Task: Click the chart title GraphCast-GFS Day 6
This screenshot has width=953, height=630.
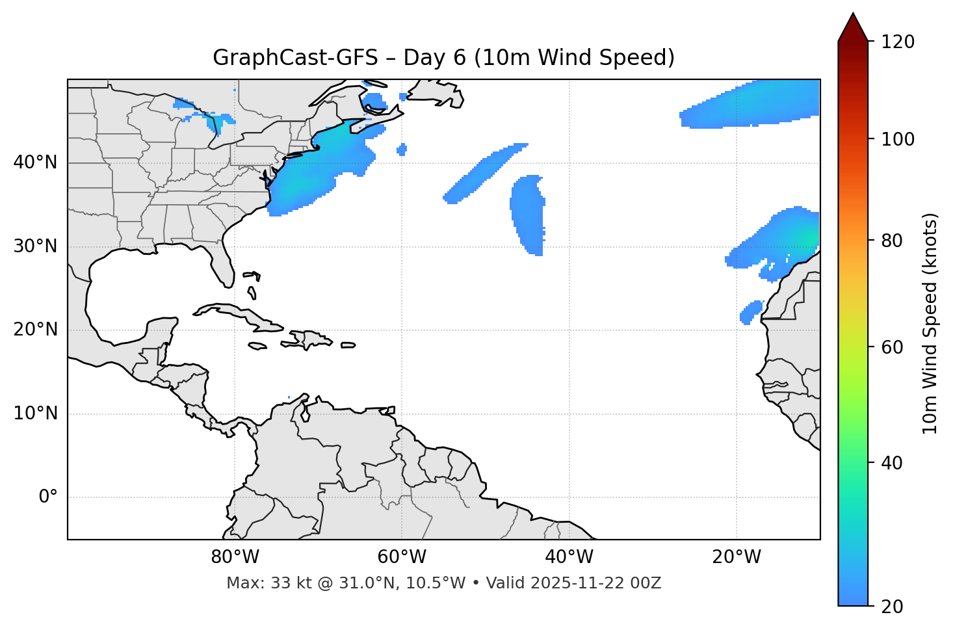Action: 443,58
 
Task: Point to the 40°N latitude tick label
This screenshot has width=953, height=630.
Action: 35,163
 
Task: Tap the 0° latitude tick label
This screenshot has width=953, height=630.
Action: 47,497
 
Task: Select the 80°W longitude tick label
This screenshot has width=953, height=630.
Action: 235,557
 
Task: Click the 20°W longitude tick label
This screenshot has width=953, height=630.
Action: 737,557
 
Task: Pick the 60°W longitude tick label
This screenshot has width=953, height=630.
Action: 402,557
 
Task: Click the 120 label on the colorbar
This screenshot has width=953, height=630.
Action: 898,42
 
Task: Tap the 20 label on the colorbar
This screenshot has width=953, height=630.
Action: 893,607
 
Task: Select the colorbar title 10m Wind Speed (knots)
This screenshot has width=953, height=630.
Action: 930,323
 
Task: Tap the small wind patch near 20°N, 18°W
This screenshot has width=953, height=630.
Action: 751,312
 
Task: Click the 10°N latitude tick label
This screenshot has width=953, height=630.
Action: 35,413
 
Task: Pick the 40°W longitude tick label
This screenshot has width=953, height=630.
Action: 569,557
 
